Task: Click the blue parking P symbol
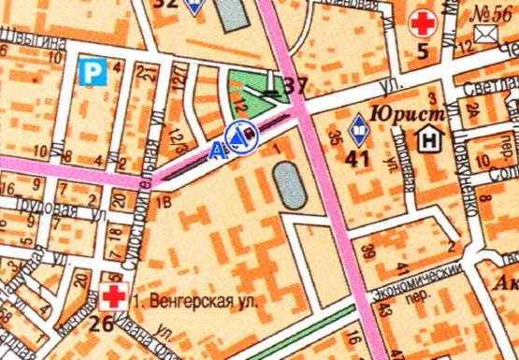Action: [x=91, y=69]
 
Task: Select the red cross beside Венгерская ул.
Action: [x=113, y=298]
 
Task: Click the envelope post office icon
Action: [x=484, y=35]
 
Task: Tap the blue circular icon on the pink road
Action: [x=239, y=137]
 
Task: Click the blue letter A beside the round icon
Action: [x=217, y=149]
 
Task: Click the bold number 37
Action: [x=296, y=88]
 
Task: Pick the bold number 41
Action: [x=358, y=158]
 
